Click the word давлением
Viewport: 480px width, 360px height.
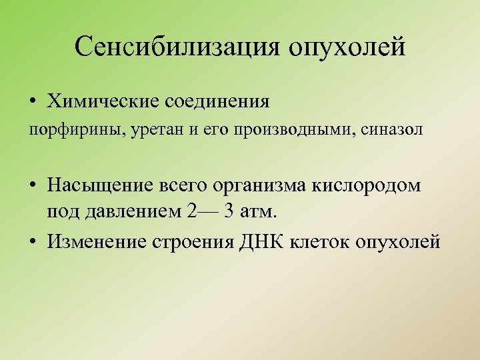click(x=132, y=213)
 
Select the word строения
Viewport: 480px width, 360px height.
click(x=195, y=241)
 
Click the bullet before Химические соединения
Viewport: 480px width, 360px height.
click(x=32, y=103)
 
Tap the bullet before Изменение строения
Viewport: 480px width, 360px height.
click(x=32, y=241)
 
